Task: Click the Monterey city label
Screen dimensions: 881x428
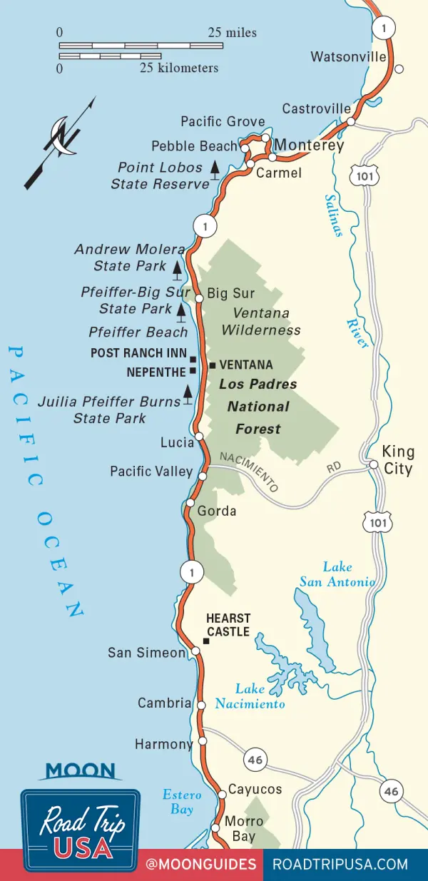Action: (309, 146)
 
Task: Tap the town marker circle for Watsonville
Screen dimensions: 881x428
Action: (399, 69)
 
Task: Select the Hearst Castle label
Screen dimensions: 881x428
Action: (228, 626)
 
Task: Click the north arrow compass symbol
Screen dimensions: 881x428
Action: (61, 143)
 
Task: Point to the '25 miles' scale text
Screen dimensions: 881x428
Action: (233, 33)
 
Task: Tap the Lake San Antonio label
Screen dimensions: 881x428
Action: (337, 574)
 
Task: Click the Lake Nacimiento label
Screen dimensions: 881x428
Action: (260, 696)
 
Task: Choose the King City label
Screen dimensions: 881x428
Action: (398, 460)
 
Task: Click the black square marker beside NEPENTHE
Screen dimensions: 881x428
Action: (193, 372)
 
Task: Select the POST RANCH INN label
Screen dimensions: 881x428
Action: (138, 353)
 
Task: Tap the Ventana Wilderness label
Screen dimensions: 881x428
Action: (260, 322)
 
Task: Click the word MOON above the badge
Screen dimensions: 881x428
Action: (80, 771)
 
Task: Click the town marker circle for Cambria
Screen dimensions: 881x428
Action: (201, 706)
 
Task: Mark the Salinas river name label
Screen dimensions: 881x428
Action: (333, 215)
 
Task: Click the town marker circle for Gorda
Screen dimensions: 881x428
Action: (190, 503)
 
